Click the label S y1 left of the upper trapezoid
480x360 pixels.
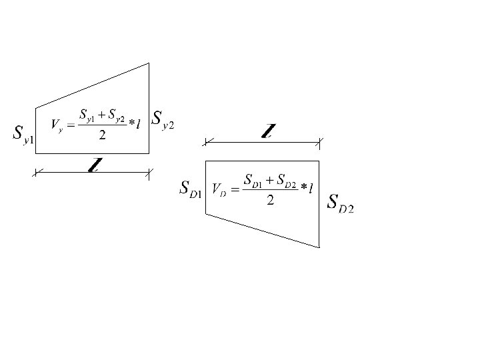click(23, 133)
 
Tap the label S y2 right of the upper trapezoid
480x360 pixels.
click(163, 121)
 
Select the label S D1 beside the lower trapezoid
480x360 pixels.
click(191, 189)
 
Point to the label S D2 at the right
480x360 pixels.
click(340, 203)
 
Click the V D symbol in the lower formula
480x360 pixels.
click(219, 189)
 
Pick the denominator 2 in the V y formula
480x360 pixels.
click(102, 135)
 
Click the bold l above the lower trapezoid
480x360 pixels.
click(267, 131)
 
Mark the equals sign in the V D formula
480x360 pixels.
click(233, 189)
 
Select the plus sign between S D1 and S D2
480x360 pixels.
click(270, 180)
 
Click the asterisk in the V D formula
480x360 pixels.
click(304, 189)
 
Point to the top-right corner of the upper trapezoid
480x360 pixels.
click(149, 63)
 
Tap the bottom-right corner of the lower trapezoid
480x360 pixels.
click(319, 247)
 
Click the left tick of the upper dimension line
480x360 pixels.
click(37, 173)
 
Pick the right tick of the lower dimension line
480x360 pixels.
click(319, 141)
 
